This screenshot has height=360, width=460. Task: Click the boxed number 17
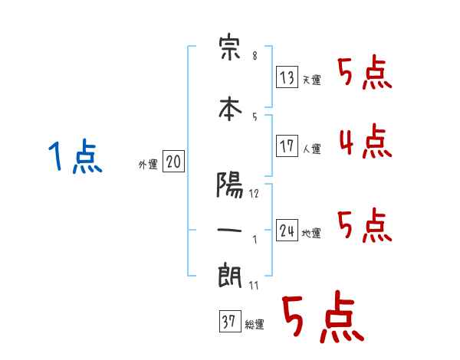[x=287, y=146]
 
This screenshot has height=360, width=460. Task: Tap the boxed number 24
[x=287, y=231]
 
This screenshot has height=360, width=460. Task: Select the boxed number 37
[x=228, y=322]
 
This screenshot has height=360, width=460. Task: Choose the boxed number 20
[x=173, y=162]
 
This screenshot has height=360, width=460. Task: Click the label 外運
[x=148, y=165]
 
